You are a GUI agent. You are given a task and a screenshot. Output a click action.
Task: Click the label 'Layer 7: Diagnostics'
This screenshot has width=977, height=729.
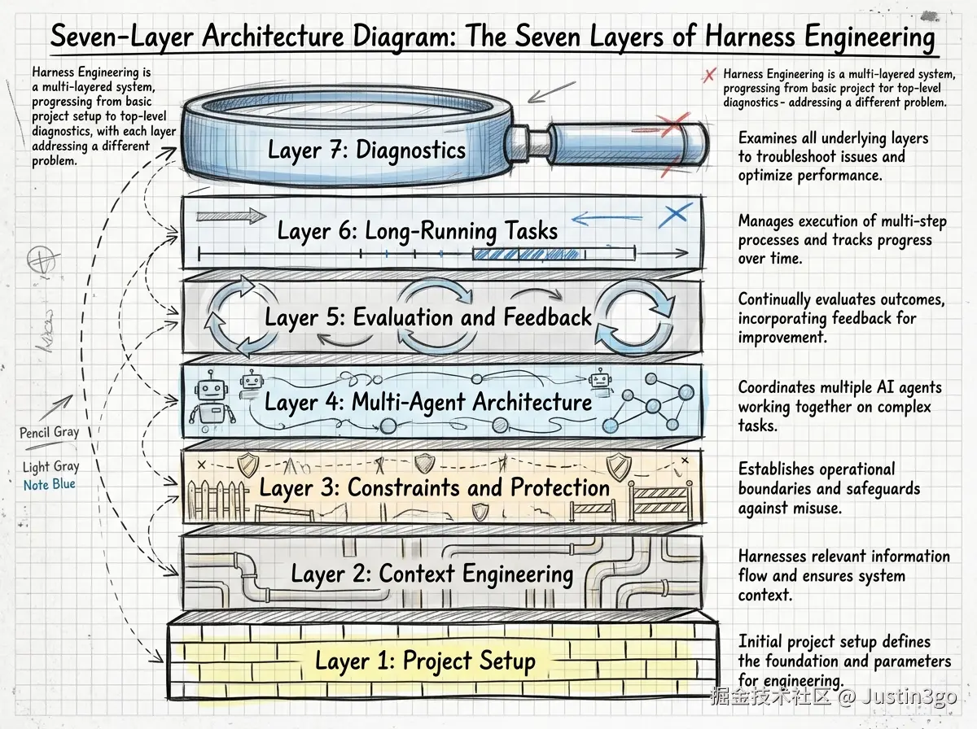366,151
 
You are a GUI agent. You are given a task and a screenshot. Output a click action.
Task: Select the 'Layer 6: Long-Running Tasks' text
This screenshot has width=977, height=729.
418,230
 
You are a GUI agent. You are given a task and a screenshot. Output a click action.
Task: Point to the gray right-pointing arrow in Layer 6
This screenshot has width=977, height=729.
231,216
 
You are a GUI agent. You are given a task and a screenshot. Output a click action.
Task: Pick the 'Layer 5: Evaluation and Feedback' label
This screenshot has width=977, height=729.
428,317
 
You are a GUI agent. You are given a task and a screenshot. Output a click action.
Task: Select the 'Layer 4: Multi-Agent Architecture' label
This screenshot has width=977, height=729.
428,402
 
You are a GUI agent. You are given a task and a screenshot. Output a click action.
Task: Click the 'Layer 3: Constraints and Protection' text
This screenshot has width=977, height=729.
434,488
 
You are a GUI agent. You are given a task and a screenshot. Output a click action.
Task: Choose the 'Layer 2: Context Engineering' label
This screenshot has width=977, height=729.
432,574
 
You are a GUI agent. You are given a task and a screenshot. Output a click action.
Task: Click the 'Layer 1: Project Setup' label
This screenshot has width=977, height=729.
425,661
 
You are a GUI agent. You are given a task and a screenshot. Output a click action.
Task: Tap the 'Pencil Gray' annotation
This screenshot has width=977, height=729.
50,432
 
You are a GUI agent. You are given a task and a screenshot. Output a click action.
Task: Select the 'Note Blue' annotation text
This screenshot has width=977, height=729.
49,484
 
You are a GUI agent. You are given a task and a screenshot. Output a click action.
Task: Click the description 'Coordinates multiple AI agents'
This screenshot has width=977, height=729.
839,387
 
